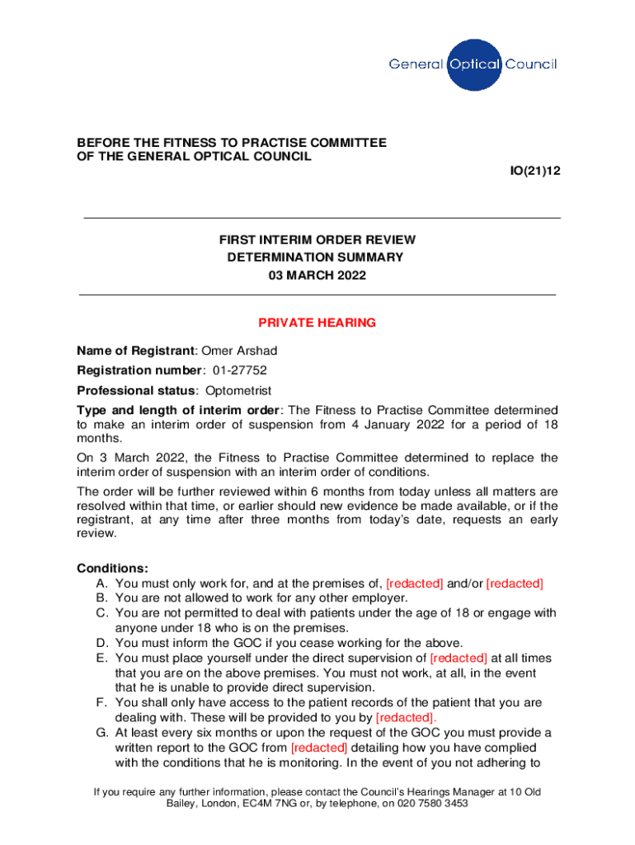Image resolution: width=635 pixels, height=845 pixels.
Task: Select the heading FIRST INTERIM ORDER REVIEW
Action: (x=317, y=240)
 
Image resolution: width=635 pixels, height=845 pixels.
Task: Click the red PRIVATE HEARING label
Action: (x=317, y=323)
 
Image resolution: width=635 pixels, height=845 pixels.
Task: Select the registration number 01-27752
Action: (x=239, y=371)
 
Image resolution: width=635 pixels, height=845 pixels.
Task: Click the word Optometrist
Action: (x=238, y=390)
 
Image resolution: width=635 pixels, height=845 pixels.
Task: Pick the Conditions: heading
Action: (x=113, y=569)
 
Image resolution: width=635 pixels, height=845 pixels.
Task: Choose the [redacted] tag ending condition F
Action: (x=406, y=717)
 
